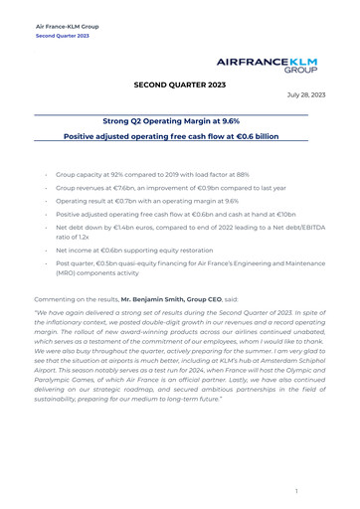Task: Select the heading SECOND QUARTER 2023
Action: pos(179,86)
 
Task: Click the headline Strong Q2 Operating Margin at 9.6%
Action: pos(179,117)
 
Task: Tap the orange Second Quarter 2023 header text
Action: pos(62,35)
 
